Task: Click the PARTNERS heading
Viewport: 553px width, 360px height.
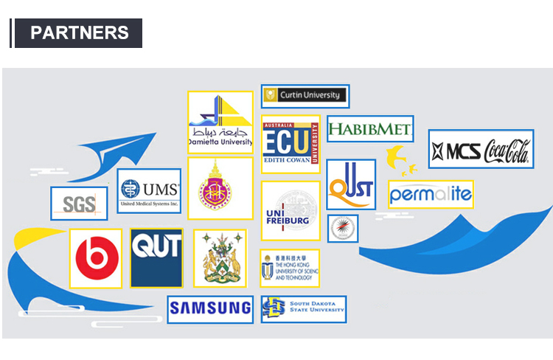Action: pos(79,33)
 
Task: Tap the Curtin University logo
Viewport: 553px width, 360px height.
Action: pos(305,96)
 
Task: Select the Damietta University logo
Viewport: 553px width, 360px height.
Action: pos(220,122)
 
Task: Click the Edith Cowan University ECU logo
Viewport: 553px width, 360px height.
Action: pos(291,145)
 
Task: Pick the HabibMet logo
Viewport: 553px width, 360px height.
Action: pos(369,130)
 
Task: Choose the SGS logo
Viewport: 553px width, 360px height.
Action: pos(79,204)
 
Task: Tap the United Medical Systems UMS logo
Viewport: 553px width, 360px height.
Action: pos(149,191)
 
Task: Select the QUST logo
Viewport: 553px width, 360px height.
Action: pos(350,184)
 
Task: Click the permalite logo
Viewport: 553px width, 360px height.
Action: pos(430,195)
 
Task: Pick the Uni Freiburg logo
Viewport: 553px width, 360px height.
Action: pos(291,211)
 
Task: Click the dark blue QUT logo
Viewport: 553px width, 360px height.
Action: pos(156,257)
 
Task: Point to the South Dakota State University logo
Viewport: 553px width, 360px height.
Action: pos(303,309)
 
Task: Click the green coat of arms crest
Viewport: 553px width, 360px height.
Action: pos(219,258)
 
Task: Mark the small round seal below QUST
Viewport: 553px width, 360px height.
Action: pos(342,229)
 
